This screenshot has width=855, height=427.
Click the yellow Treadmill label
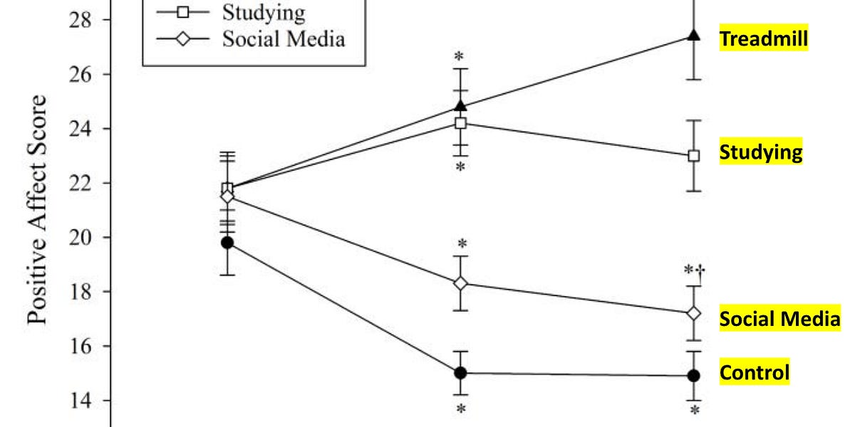click(764, 38)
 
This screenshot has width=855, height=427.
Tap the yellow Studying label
click(761, 152)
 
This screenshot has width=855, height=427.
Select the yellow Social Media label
click(779, 318)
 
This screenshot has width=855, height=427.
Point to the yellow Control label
click(755, 372)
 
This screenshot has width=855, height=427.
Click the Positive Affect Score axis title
click(38, 209)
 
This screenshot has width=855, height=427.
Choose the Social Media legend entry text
click(284, 38)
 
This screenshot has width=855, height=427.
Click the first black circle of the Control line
click(227, 243)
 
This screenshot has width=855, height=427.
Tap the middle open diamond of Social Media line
click(460, 283)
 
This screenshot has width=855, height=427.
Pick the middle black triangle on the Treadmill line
click(460, 106)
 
